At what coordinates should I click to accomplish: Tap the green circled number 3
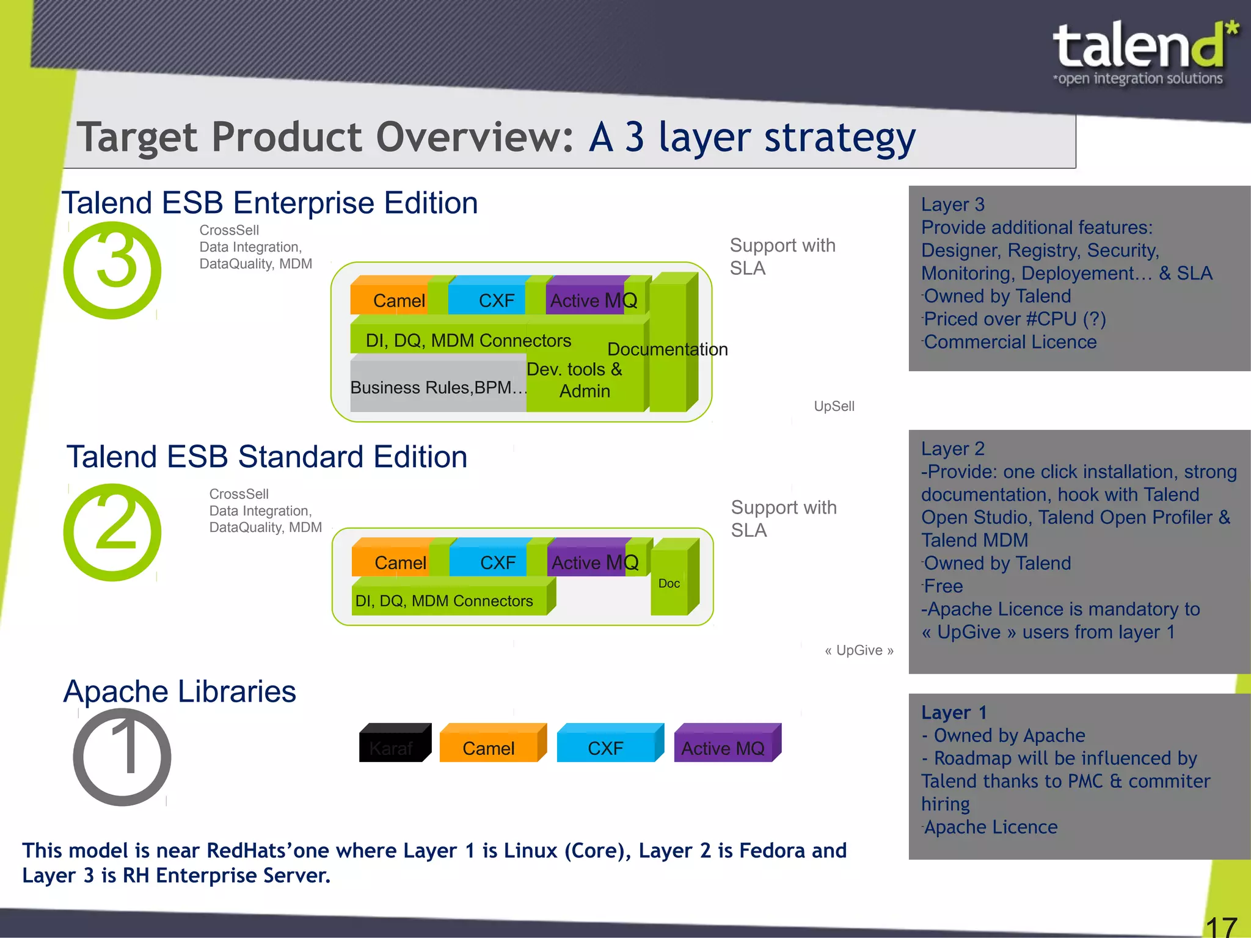tap(112, 270)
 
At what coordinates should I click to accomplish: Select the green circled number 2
tap(112, 532)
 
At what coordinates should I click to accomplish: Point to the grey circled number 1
tap(122, 757)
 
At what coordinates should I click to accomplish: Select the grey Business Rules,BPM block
tap(437, 387)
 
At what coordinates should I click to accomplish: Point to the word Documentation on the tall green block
tap(667, 349)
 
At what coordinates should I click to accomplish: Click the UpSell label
tap(834, 406)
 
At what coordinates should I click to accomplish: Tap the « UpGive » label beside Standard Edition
tap(859, 650)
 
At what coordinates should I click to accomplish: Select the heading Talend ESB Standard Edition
tap(267, 457)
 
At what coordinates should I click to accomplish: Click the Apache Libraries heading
tap(180, 691)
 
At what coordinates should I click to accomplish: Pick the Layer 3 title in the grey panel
tap(953, 205)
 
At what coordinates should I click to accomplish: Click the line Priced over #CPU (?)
tap(1014, 319)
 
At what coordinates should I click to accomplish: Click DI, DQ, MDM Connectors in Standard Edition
tap(445, 601)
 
